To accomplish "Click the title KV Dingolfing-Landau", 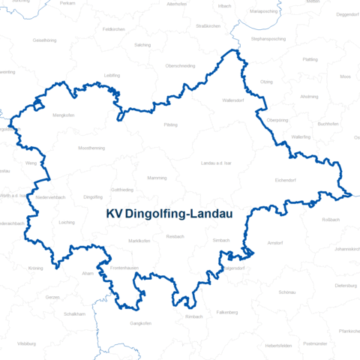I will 169,214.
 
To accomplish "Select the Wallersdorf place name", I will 235,100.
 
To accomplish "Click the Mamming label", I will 157,178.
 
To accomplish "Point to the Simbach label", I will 220,240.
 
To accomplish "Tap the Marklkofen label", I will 139,240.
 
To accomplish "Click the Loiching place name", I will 66,222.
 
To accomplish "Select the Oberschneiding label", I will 180,65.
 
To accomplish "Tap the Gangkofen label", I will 141,323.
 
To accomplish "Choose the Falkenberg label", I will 226,311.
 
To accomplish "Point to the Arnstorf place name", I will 275,243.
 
